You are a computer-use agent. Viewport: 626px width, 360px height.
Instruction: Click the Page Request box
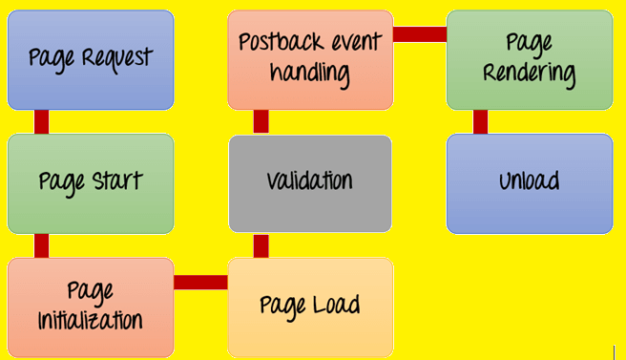(x=91, y=59)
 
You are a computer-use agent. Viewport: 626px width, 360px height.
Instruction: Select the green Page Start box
(x=91, y=182)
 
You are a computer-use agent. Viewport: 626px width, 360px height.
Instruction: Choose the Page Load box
(x=310, y=306)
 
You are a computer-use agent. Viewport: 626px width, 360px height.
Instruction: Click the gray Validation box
(x=310, y=182)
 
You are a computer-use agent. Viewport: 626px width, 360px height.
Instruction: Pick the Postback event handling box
(x=310, y=59)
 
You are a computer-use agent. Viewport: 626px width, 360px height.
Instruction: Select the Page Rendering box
(x=530, y=59)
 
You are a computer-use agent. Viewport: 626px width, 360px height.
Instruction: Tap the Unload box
(x=530, y=182)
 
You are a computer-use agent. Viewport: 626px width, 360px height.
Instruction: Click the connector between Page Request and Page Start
(x=42, y=121)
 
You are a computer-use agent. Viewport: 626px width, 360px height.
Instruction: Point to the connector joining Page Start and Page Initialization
(x=42, y=245)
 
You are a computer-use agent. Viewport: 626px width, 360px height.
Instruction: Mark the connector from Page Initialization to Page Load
(x=200, y=282)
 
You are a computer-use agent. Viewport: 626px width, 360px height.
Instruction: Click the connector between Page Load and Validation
(x=261, y=245)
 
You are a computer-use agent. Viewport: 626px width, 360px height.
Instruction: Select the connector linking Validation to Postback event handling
(x=261, y=121)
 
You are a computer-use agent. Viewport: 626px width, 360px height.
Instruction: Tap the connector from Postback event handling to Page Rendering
(x=419, y=34)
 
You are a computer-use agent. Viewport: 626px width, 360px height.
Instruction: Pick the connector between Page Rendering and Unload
(x=480, y=121)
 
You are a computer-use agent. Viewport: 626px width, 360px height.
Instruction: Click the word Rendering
(x=530, y=74)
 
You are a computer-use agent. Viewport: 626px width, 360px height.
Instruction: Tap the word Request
(x=117, y=59)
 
